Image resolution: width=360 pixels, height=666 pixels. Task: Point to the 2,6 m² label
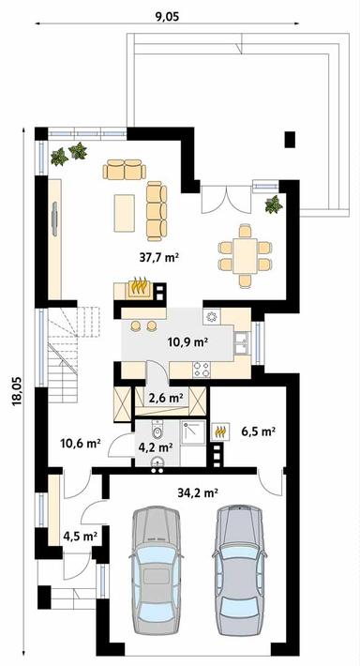click(x=165, y=398)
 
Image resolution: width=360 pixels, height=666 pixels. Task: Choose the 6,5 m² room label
click(x=257, y=431)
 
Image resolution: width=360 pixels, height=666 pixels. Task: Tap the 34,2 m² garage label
click(x=198, y=491)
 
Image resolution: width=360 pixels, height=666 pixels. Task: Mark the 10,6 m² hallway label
click(x=80, y=445)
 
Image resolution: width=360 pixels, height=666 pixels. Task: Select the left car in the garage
click(x=155, y=572)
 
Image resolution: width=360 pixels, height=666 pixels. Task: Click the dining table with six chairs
click(x=245, y=253)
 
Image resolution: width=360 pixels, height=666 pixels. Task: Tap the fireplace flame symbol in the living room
click(x=139, y=283)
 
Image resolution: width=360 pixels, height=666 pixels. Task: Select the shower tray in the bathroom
click(x=193, y=432)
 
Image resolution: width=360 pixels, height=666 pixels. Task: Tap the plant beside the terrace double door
click(x=274, y=205)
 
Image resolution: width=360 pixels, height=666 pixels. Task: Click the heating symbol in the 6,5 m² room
click(x=222, y=431)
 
